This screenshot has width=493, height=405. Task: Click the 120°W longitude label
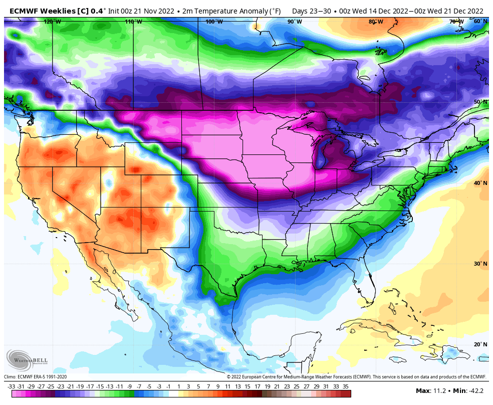pos(53,22)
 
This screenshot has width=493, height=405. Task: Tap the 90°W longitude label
pos(295,22)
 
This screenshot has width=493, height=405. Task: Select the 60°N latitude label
pos(480,21)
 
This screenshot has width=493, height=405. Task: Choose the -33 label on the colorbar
pos(11,386)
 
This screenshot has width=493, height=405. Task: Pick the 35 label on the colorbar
pos(346,386)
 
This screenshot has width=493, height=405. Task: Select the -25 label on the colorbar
pos(51,386)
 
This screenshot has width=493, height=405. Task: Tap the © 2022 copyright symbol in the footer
pos(229,377)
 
